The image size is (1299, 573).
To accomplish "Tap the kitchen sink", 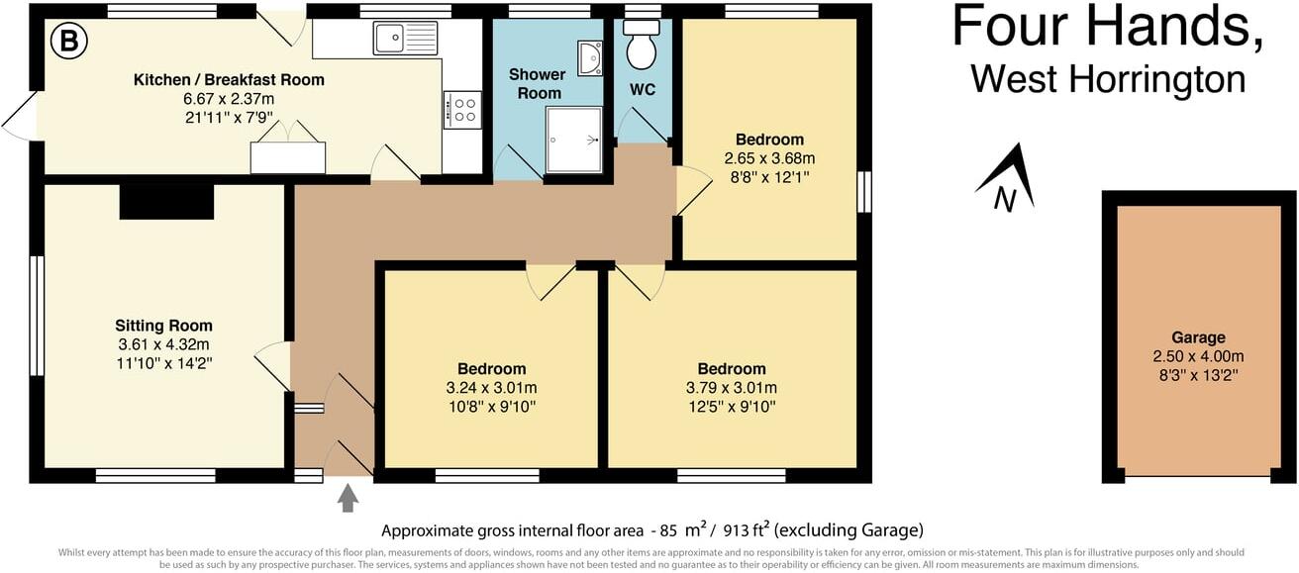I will (405, 39).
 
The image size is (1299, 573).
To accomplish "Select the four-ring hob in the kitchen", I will (462, 109).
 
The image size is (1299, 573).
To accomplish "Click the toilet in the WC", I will (642, 46).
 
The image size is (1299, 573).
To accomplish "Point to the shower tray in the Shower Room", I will (573, 140).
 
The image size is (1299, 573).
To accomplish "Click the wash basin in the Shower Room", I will (590, 57).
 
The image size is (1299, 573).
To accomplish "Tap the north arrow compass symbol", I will (1007, 181).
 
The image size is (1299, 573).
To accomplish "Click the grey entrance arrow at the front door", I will (348, 497).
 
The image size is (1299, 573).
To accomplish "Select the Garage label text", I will (1198, 337).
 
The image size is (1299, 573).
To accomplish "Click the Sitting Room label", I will (163, 326).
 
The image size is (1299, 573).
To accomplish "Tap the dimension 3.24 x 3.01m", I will (491, 387).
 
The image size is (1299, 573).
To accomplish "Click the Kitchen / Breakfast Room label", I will (229, 80).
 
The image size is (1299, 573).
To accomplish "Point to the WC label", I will (643, 90).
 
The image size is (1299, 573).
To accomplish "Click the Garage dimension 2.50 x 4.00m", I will (1198, 356).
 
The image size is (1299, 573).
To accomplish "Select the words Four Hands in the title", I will (1107, 28).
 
